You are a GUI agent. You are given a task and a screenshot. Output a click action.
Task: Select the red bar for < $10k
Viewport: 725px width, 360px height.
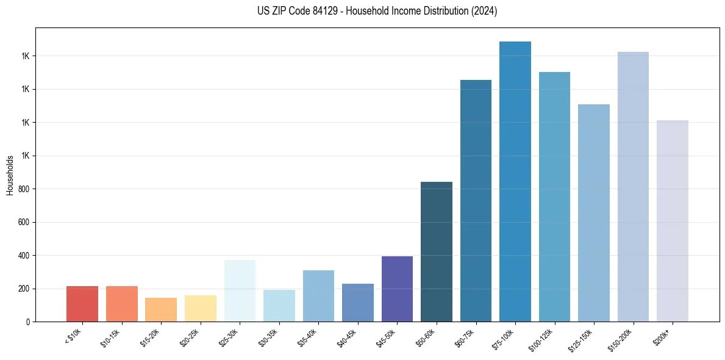pyautogui.click(x=82, y=304)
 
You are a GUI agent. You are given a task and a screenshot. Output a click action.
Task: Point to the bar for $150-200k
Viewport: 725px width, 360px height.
pyautogui.click(x=633, y=187)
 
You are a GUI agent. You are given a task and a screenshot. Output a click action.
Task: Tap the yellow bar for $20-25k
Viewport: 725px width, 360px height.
pyautogui.click(x=201, y=308)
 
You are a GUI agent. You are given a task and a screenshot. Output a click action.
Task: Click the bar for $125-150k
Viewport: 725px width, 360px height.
pyautogui.click(x=594, y=213)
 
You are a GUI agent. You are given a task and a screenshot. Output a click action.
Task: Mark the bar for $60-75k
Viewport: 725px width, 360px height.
pyautogui.click(x=476, y=201)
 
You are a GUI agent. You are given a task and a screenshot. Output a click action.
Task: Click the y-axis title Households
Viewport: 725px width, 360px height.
pyautogui.click(x=10, y=175)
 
